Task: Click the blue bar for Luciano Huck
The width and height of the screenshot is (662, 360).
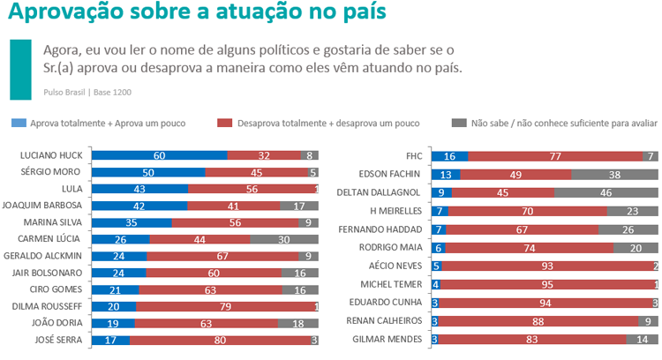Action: point(159,155)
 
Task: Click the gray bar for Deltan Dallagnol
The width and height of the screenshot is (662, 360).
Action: point(606,192)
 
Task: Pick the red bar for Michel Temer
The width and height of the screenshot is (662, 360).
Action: point(547,284)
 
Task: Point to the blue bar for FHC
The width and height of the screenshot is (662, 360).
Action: point(450,155)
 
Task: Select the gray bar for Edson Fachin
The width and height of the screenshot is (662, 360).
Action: point(614,174)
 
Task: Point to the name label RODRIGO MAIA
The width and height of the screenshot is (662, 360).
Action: point(393,248)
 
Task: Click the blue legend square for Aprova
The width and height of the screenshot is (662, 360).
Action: point(18,124)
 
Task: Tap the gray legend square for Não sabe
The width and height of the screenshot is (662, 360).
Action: point(458,124)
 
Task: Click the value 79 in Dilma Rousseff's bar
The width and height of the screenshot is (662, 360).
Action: point(227,305)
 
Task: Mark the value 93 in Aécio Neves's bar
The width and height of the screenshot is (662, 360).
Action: point(547,266)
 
